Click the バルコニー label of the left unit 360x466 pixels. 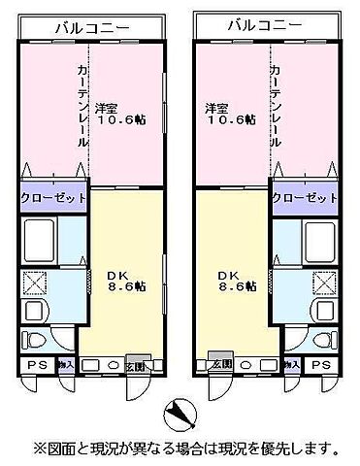(x=91, y=27)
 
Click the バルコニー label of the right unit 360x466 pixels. (x=269, y=26)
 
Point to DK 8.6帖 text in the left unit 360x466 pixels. (x=126, y=281)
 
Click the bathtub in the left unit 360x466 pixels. (x=42, y=239)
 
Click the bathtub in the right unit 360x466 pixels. (x=317, y=239)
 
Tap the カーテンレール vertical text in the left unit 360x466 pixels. (x=83, y=107)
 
